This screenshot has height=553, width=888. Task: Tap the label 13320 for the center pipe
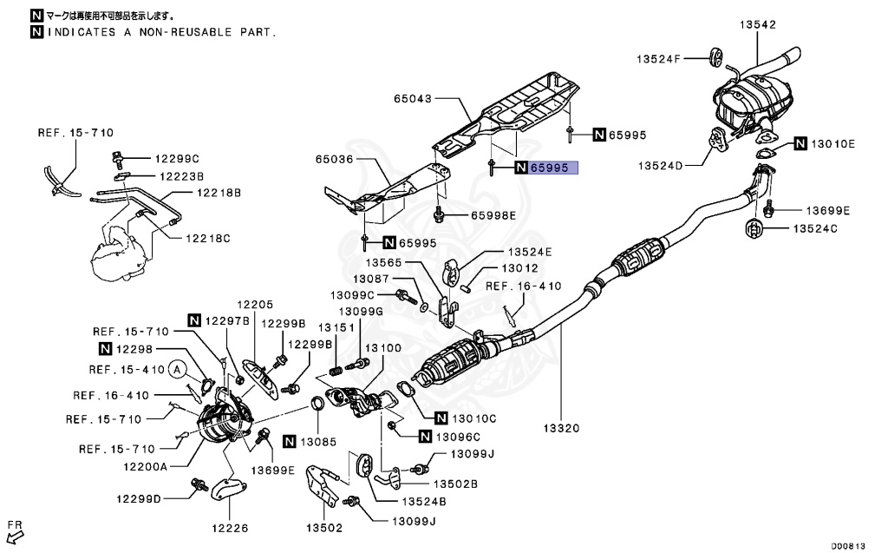561,428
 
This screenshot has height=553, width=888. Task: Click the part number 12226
231,527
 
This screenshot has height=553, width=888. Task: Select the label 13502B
455,484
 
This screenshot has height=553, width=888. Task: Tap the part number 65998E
493,214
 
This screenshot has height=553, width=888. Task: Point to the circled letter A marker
178,369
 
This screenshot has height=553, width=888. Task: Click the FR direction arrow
16,532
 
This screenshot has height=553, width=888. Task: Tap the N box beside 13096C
425,436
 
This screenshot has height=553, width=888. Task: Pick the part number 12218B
219,193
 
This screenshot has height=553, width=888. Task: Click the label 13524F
660,59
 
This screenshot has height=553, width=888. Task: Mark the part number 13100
382,347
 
